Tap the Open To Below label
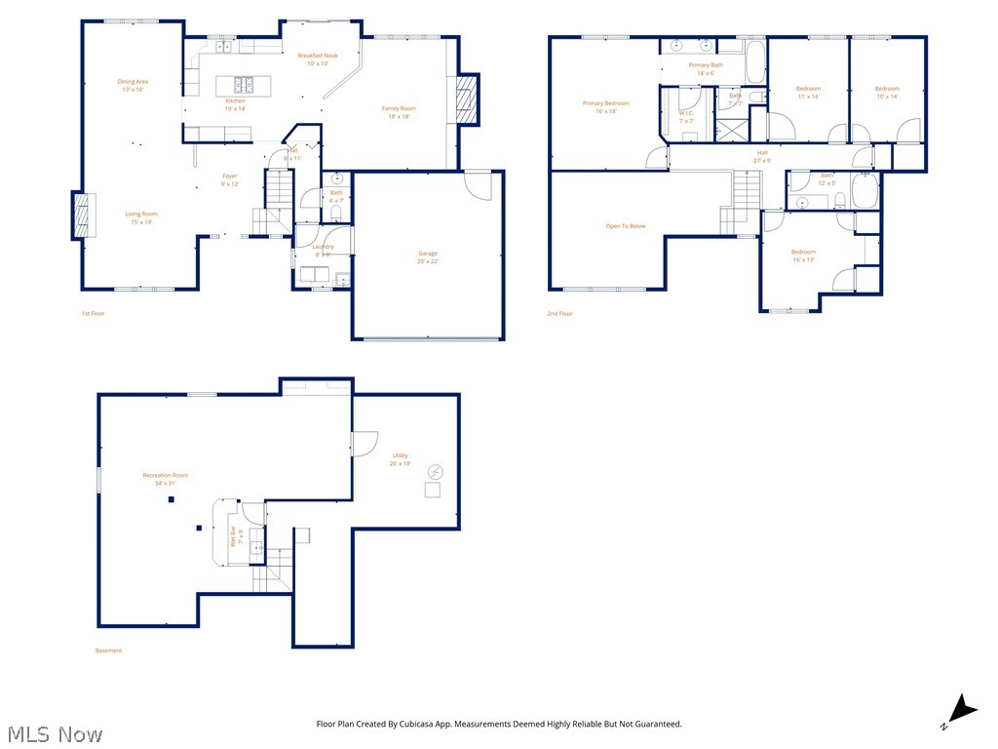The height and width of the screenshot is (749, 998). click(x=625, y=226)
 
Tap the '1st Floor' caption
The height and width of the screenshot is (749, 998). click(x=94, y=314)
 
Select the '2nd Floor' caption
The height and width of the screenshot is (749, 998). click(x=559, y=314)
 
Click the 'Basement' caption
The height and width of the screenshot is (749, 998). click(x=108, y=650)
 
